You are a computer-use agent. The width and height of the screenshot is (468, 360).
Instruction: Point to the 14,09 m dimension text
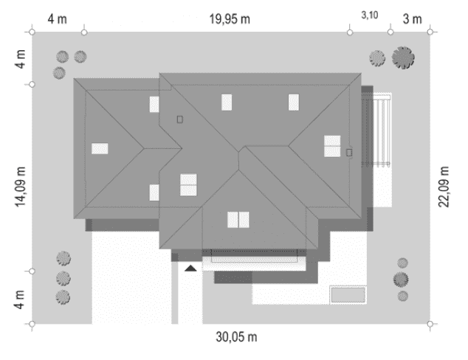(x=21, y=179)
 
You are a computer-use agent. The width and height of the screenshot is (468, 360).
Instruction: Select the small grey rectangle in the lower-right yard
(x=348, y=295)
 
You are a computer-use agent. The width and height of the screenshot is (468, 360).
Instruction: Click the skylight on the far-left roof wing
(x=100, y=148)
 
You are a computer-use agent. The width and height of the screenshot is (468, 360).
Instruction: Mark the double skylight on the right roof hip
(x=332, y=146)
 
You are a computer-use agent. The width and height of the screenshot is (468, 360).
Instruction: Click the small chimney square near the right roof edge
(x=349, y=152)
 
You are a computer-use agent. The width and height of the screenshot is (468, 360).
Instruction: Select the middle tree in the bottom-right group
(x=401, y=279)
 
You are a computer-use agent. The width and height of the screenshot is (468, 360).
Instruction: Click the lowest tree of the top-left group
(x=60, y=72)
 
